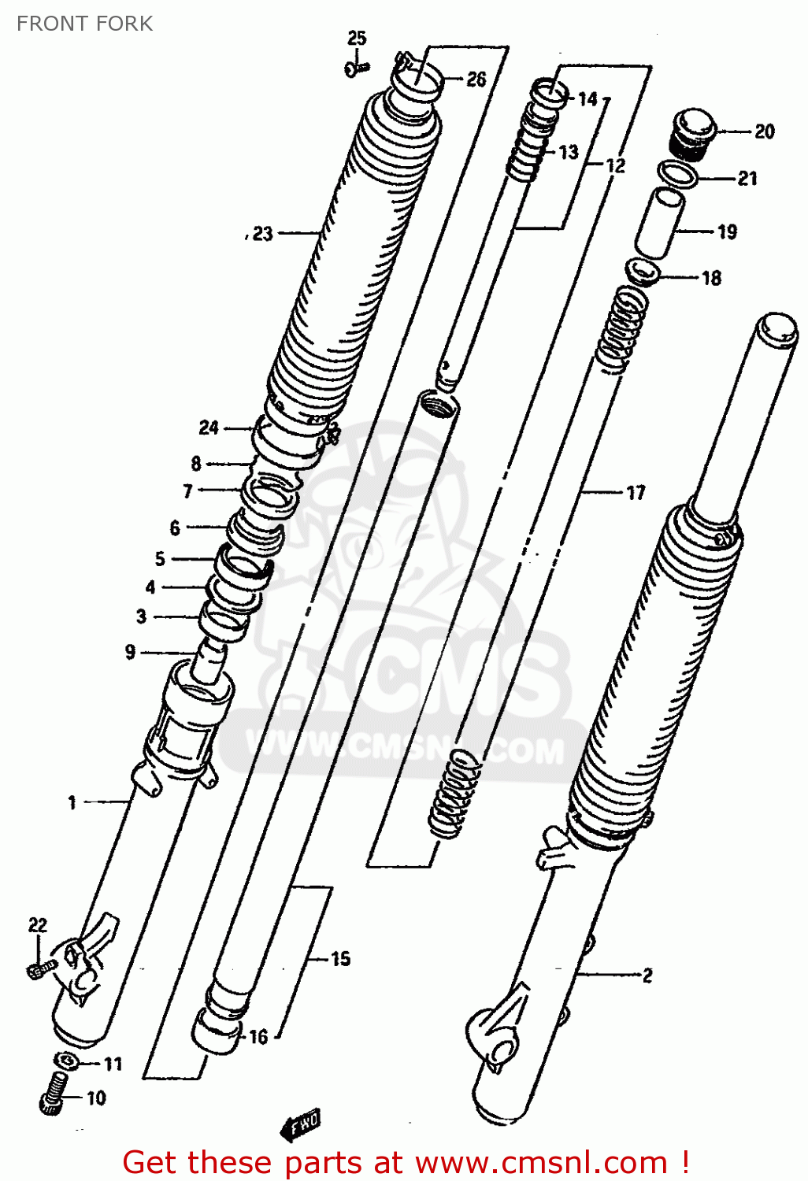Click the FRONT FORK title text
point(84,24)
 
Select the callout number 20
point(764,131)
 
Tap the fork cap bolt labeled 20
point(691,133)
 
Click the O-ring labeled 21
point(678,175)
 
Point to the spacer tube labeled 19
point(660,223)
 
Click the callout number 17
point(636,493)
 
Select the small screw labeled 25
point(356,69)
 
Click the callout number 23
point(262,234)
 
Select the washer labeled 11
point(67,1061)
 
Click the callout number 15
point(340,958)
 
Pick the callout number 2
point(647,976)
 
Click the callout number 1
point(72,802)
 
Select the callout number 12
point(615,165)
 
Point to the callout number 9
point(130,652)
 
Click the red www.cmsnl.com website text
point(541,1162)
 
